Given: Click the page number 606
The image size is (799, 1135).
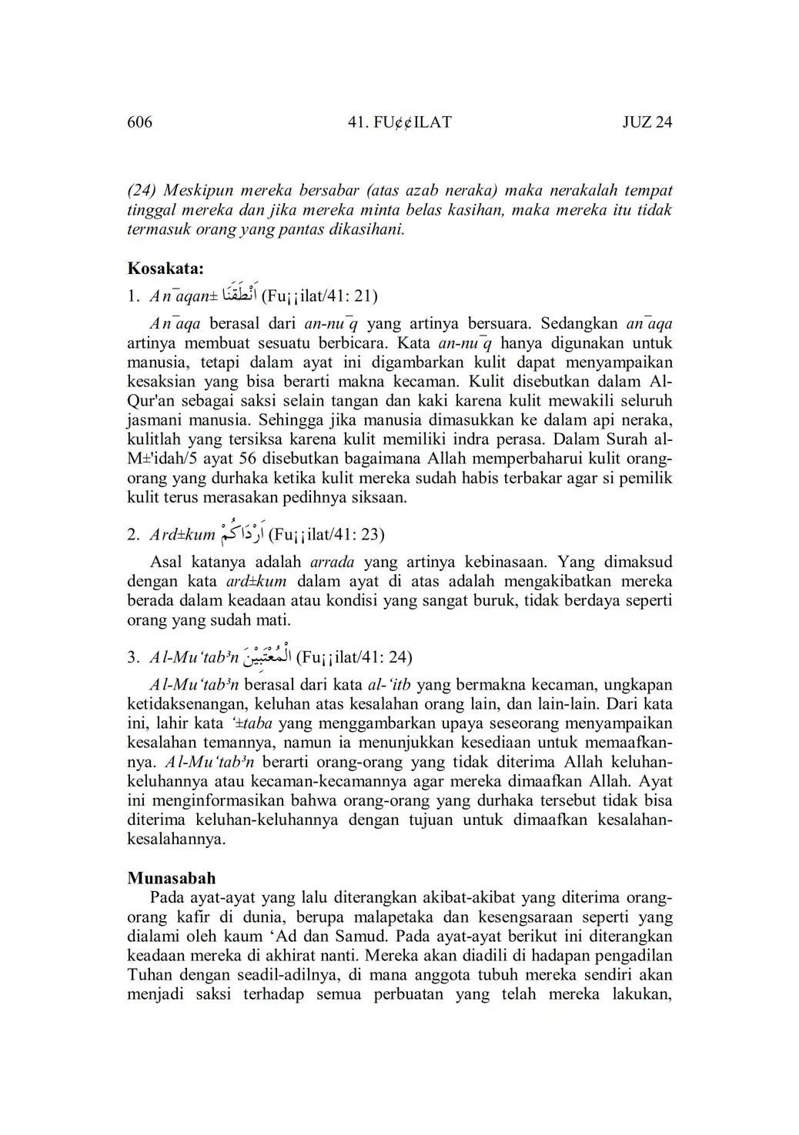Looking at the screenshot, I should click(x=140, y=122).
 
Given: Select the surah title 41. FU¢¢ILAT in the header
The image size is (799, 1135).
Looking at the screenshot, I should click(x=399, y=122).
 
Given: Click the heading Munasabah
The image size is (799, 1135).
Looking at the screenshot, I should click(x=171, y=878).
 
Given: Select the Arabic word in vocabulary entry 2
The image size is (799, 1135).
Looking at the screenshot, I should click(x=242, y=532).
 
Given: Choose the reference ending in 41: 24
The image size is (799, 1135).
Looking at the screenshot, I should click(x=353, y=657).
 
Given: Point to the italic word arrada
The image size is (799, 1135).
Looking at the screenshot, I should click(x=331, y=562).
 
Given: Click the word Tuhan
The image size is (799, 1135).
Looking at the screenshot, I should click(x=149, y=975).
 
